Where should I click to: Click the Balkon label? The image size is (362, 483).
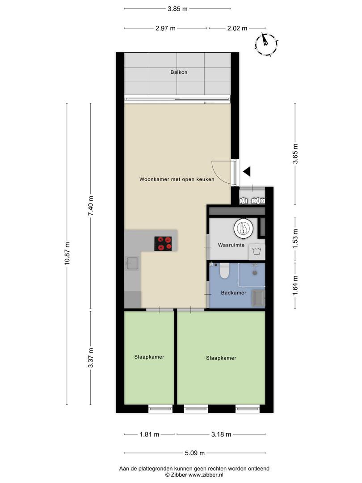pos(179,72)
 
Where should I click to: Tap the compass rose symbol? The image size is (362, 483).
pos(266,44)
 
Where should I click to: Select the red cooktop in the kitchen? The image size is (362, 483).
pos(163,243)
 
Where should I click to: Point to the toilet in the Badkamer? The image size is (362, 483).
pos(224,271)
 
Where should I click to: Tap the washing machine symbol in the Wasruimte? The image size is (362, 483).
pos(257,252)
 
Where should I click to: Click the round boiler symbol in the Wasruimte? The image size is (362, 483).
pos(244,229)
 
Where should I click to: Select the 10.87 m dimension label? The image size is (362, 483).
pos(67,253)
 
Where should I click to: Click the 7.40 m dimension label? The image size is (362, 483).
pos(90,206)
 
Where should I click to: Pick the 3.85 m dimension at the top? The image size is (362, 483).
pos(177,8)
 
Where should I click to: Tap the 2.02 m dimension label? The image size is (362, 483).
pos(237,28)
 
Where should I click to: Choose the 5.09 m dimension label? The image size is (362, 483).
pos(194,453)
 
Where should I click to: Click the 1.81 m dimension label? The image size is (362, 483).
pos(149,434)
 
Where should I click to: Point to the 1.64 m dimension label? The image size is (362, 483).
pos(295,285)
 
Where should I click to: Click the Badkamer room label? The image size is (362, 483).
pos(234,292)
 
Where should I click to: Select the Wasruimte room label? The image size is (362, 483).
pos(231,245)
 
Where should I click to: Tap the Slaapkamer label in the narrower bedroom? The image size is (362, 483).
pos(149,357)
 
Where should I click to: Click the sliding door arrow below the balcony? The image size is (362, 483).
pos(209,103)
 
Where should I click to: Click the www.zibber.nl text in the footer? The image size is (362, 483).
pos(206,475)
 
